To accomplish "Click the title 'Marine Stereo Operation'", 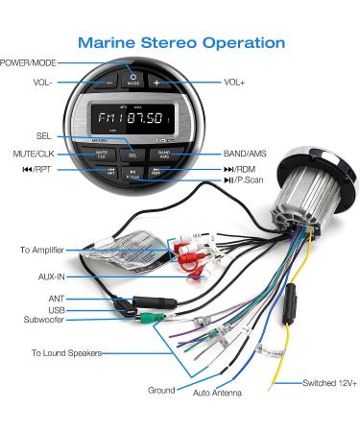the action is tap(180, 43).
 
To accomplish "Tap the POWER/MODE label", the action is tap(27, 62).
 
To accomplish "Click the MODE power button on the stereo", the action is tap(132, 80).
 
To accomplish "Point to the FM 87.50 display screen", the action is tap(132, 122).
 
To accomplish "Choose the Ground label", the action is tap(162, 390).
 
